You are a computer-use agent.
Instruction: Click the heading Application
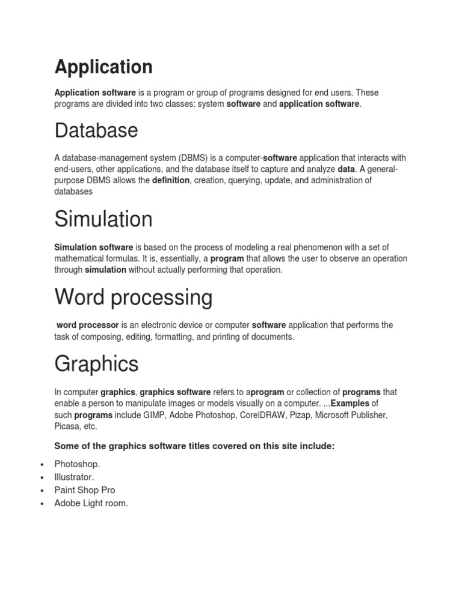click(103, 67)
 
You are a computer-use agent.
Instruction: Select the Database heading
click(96, 131)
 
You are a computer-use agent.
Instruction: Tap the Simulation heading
click(103, 219)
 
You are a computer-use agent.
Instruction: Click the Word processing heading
click(134, 297)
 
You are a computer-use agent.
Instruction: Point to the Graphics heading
click(96, 364)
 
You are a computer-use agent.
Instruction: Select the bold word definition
click(171, 180)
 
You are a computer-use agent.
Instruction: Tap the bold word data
click(346, 169)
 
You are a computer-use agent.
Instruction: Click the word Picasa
click(67, 426)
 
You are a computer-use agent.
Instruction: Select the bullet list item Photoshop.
click(78, 464)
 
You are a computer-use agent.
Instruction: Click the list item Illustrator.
click(74, 477)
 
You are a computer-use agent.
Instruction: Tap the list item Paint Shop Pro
click(85, 490)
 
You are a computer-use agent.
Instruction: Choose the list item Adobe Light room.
click(91, 503)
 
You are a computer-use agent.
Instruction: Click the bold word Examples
click(350, 404)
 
